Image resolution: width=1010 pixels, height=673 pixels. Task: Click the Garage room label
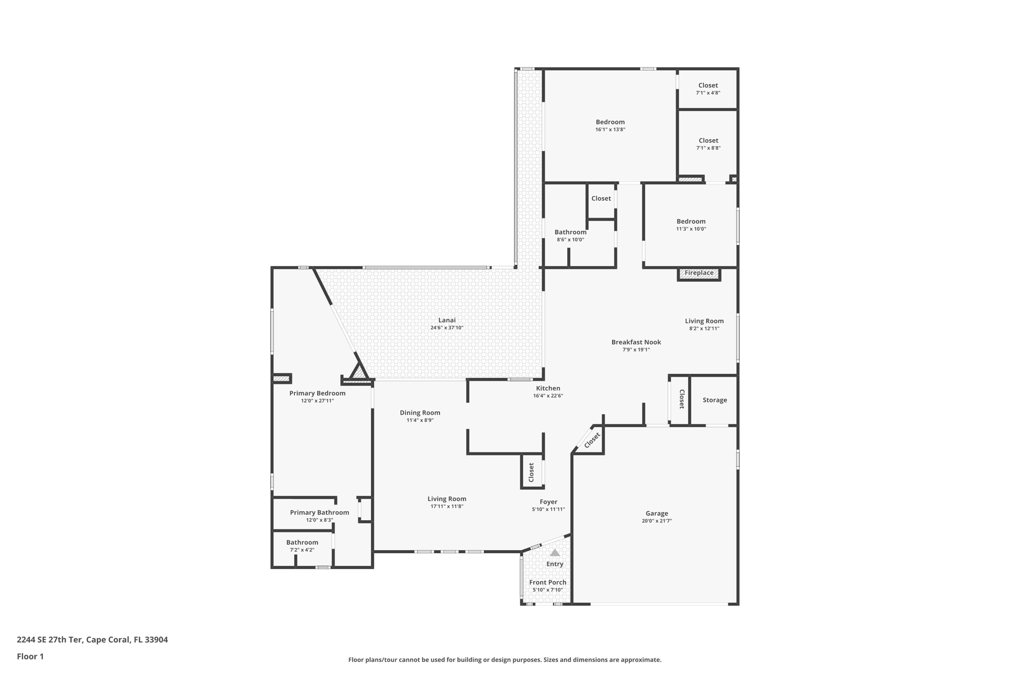click(657, 513)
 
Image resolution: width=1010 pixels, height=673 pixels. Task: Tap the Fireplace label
click(699, 273)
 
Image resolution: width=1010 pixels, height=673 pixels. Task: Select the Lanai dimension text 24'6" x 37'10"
click(447, 328)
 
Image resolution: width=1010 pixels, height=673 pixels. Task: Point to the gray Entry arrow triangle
click(555, 552)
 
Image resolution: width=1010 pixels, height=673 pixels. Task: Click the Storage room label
click(715, 400)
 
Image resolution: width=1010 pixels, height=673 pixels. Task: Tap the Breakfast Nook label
click(636, 342)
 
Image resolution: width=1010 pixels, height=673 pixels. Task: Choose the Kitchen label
click(548, 389)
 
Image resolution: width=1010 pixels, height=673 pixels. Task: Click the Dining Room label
click(420, 413)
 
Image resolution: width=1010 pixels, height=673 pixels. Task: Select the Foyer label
click(548, 502)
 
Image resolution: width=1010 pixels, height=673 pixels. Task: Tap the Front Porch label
click(548, 582)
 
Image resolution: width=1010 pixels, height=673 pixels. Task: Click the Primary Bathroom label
click(320, 513)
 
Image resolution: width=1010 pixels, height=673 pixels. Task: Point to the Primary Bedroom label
click(317, 393)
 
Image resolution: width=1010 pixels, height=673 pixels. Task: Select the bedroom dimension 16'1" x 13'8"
click(610, 130)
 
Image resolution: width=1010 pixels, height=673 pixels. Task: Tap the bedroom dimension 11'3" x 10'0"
click(691, 229)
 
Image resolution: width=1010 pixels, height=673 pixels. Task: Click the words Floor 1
click(30, 656)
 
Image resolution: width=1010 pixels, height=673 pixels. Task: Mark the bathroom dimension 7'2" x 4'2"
click(302, 550)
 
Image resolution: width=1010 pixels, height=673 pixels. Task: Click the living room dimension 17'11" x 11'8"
click(447, 506)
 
